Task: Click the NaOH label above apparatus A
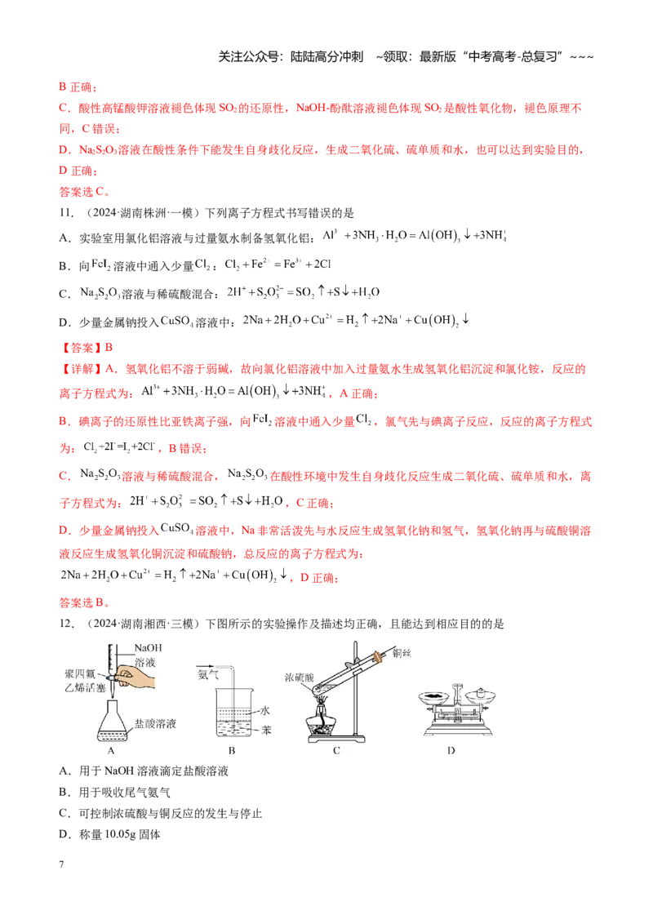[x=148, y=647]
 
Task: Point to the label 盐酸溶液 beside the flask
[x=155, y=723]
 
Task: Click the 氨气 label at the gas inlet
[x=207, y=674]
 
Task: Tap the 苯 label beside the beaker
[x=266, y=730]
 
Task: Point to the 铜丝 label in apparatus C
[x=402, y=652]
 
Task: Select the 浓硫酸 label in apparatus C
[x=299, y=677]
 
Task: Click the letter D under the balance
[x=451, y=750]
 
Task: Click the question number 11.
[x=66, y=213]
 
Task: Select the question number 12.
[x=66, y=624]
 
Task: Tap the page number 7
[x=61, y=864]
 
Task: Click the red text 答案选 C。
[x=85, y=192]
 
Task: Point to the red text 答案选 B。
[x=85, y=602]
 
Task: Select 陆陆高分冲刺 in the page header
[x=326, y=56]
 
